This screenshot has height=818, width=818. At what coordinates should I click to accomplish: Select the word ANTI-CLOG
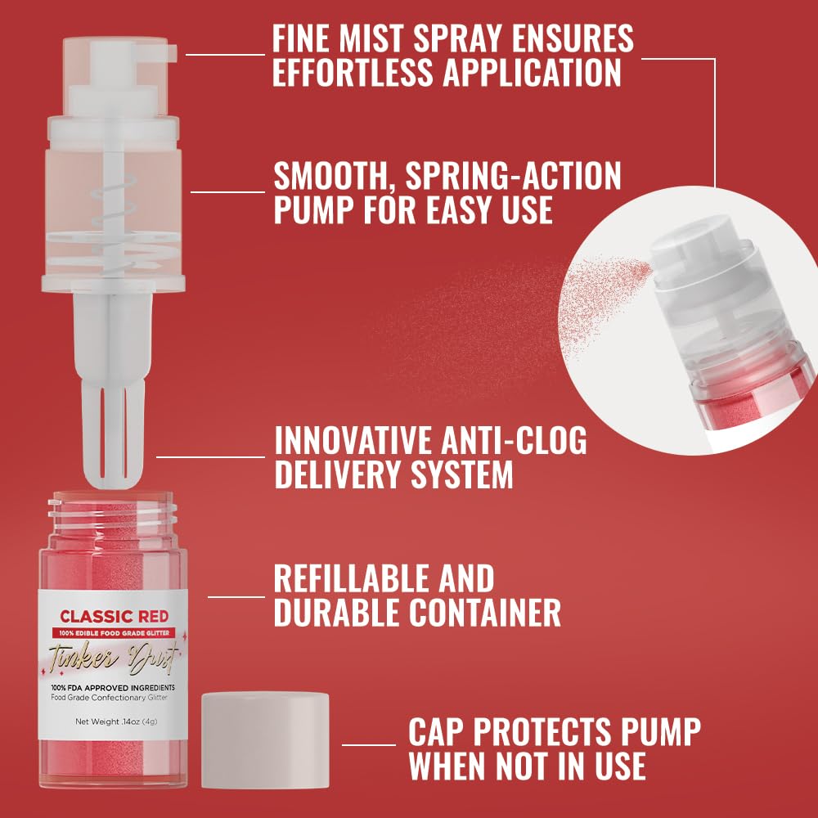click(513, 441)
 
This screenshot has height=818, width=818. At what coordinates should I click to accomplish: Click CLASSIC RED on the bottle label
click(113, 615)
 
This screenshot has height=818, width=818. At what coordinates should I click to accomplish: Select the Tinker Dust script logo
click(113, 657)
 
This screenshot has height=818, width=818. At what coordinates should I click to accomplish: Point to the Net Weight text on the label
click(113, 721)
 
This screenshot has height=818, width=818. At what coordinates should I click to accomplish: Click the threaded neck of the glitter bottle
click(112, 511)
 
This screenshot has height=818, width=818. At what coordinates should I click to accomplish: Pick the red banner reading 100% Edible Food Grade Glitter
click(113, 632)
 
